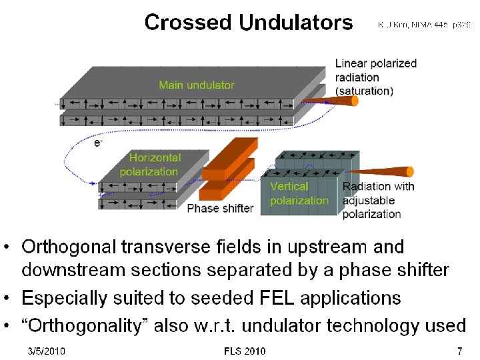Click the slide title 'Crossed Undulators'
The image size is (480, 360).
pos(249,23)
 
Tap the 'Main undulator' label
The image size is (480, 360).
pos(197,85)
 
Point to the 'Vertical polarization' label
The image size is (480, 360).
pos(299,193)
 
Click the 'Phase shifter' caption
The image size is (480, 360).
pos(220,208)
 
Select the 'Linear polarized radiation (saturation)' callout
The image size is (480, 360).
pos(375,77)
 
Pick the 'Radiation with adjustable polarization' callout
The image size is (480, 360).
pos(378,200)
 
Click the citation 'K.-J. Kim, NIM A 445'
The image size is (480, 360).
pos(424,25)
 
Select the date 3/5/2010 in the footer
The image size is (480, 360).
pos(47,351)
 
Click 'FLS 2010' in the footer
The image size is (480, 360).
pos(245,351)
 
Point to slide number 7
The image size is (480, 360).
pos(459,351)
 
